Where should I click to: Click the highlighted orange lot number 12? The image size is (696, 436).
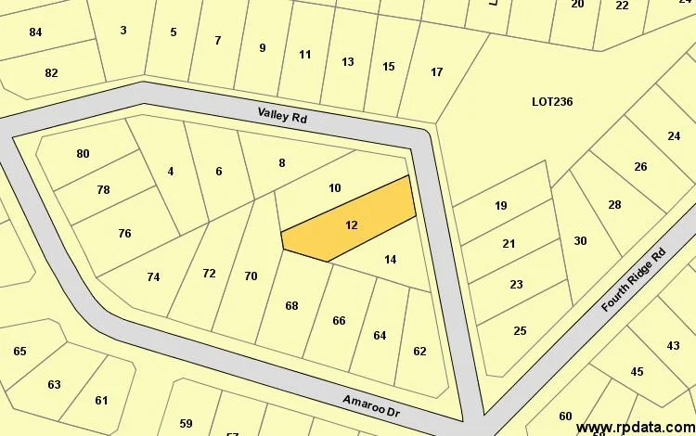click(351, 224)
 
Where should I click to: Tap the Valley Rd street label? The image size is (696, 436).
click(282, 117)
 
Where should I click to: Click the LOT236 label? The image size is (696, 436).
click(552, 101)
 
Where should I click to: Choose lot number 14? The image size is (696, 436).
click(390, 259)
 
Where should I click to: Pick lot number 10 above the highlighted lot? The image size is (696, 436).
click(335, 187)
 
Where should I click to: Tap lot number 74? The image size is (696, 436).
click(153, 276)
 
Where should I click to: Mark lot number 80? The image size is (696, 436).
click(83, 153)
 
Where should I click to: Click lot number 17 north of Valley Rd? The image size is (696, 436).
click(436, 71)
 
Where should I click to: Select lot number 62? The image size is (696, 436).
click(419, 351)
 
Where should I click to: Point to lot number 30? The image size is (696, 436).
click(580, 240)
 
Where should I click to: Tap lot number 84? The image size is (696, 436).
click(35, 32)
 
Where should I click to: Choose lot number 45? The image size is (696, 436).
click(637, 371)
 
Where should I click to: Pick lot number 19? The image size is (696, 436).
click(501, 205)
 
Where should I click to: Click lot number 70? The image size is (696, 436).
click(251, 276)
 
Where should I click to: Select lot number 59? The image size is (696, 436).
click(186, 423)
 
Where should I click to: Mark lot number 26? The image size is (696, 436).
click(640, 166)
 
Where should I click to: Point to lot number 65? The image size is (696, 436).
click(19, 351)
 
